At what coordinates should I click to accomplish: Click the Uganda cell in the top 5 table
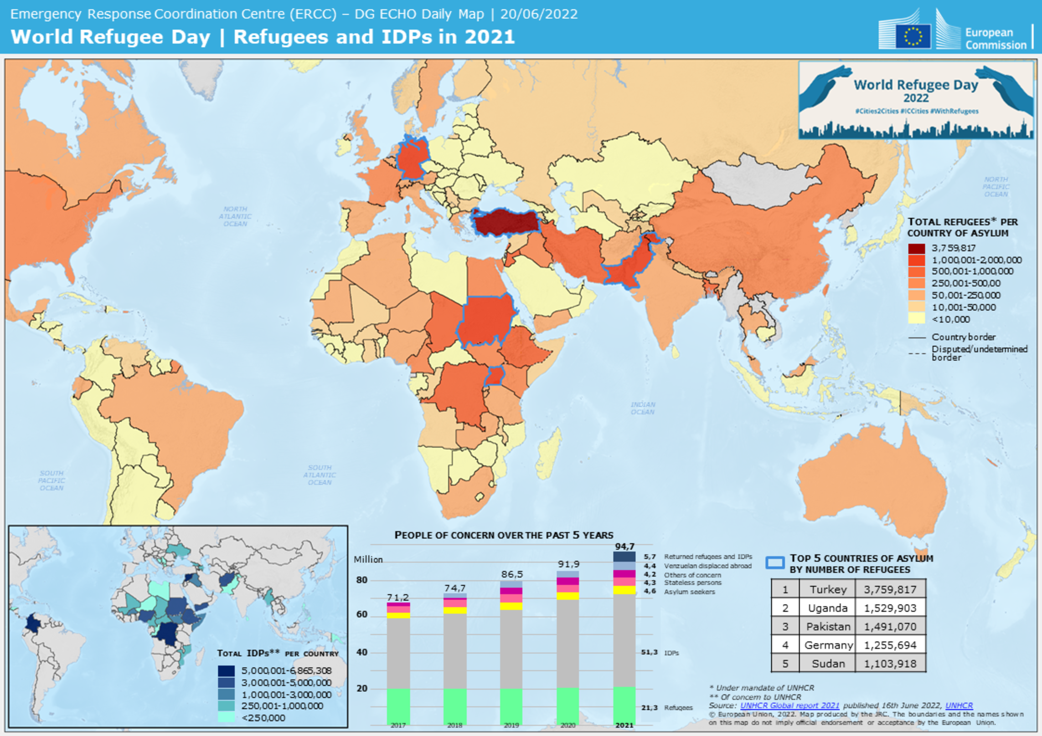coord(827,608)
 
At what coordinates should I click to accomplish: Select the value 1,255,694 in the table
coord(890,645)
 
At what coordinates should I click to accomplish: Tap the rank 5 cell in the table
coord(785,664)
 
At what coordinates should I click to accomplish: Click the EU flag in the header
coord(913,36)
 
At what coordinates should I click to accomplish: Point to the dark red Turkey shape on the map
coord(506,222)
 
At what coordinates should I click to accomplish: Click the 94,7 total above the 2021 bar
coord(624,546)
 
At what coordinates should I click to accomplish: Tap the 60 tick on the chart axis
coord(361,614)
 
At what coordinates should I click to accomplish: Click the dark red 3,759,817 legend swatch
coord(916,248)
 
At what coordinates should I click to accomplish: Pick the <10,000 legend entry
coord(950,319)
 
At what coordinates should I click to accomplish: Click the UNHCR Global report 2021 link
coord(789,705)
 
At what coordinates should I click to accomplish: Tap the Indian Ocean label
coord(643,408)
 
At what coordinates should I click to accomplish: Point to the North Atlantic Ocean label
coord(235,216)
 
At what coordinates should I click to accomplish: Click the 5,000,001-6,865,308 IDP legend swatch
coord(226,670)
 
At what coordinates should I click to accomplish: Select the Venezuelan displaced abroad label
coord(707,566)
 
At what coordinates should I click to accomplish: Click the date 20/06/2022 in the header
coord(539,14)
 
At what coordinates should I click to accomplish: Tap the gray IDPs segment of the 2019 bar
coord(511,649)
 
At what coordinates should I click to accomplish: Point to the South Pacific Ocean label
coord(52,480)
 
